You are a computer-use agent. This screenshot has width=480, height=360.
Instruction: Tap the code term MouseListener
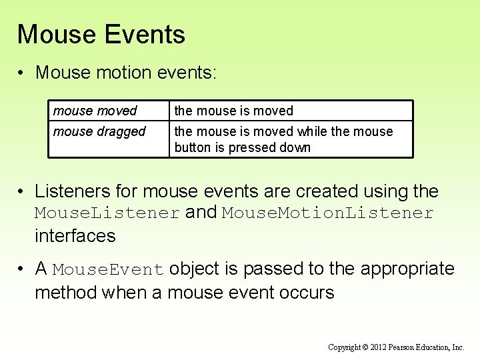[x=107, y=213]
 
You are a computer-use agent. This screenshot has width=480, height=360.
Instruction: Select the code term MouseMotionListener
[x=328, y=213]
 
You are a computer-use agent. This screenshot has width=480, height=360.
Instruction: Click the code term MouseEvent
[x=108, y=270]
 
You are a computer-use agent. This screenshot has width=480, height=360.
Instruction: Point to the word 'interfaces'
[x=75, y=235]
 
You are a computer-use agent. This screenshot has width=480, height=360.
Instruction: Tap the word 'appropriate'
[x=407, y=269]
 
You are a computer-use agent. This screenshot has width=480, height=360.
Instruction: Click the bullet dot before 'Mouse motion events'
[x=22, y=72]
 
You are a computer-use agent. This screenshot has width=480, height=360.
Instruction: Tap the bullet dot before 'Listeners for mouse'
[x=22, y=192]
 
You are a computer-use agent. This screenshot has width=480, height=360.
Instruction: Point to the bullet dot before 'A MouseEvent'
[x=22, y=269]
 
